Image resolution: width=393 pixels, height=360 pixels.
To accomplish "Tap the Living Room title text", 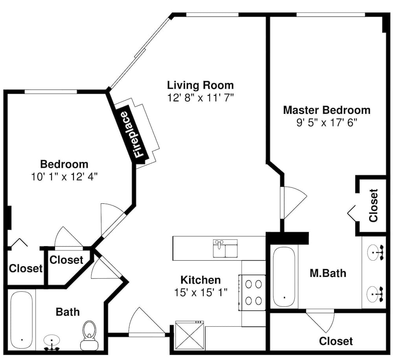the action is (x=200, y=85).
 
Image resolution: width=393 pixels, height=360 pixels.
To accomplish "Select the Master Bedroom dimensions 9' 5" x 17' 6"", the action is (x=327, y=122).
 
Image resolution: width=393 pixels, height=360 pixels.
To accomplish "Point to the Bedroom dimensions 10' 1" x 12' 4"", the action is (x=64, y=177).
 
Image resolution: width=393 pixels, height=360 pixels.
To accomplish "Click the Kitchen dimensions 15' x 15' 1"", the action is (x=200, y=292).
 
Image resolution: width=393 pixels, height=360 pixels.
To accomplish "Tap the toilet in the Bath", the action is (x=89, y=336).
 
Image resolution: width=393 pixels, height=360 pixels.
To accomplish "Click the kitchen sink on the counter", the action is (x=225, y=249).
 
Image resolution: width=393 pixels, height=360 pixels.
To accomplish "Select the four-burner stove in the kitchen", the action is (x=252, y=292).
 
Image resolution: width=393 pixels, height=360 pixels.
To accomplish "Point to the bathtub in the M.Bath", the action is (x=284, y=277).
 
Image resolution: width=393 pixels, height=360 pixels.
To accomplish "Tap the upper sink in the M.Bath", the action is (x=375, y=252).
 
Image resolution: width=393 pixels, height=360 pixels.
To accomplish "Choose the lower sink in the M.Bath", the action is (x=375, y=294).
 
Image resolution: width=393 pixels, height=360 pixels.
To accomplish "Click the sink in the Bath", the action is (x=51, y=343).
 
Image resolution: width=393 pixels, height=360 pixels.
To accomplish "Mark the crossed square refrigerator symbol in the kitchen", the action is (x=189, y=336).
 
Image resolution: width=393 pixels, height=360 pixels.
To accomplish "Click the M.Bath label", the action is (x=328, y=273).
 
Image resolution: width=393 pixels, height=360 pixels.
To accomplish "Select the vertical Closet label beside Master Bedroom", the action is (x=373, y=205).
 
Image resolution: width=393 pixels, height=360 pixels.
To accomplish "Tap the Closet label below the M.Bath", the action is (x=336, y=341).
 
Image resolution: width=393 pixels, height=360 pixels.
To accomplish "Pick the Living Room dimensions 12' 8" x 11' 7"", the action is (x=200, y=98).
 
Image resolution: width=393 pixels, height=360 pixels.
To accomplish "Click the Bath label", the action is (x=68, y=312).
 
